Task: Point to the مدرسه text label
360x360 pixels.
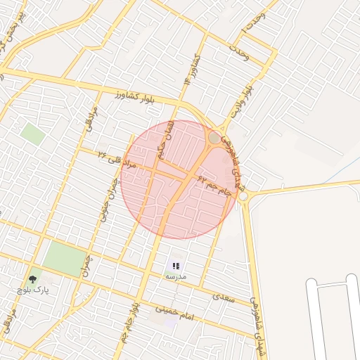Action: tap(176, 277)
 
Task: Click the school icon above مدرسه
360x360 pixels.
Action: tap(176, 266)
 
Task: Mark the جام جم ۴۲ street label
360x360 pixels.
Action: tap(214, 185)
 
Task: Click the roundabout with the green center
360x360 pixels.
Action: tap(214, 138)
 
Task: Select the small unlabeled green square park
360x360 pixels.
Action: tap(32, 134)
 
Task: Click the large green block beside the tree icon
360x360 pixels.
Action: tap(65, 259)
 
